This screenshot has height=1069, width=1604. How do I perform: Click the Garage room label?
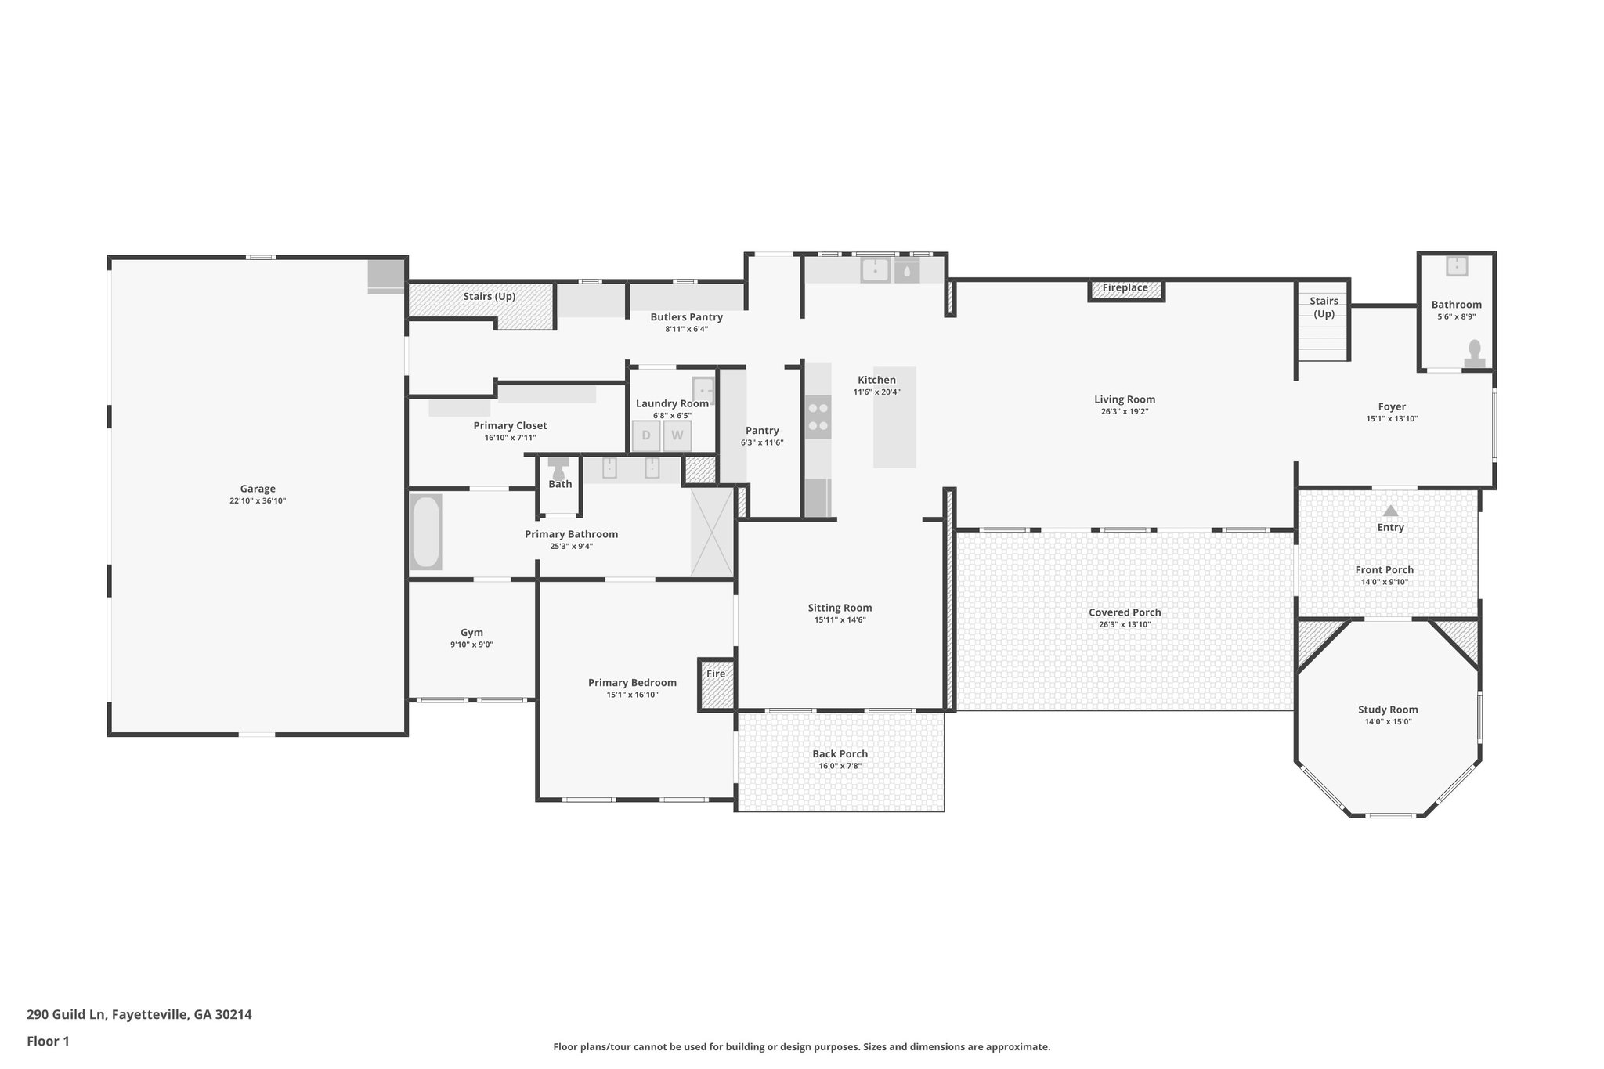[x=258, y=489]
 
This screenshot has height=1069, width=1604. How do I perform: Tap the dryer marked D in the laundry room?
[x=646, y=435]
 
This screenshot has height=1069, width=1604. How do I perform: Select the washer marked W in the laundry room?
[x=677, y=435]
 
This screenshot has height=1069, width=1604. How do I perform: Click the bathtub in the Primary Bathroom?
[x=426, y=532]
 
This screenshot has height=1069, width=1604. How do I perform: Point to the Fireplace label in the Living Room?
[x=1125, y=288]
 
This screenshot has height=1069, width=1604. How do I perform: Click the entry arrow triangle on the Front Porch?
[x=1390, y=511]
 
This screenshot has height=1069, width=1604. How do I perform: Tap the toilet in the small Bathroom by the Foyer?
[x=1475, y=353]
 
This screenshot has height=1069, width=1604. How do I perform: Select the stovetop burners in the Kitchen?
[x=818, y=417]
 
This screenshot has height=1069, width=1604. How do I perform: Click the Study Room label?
[x=1388, y=710]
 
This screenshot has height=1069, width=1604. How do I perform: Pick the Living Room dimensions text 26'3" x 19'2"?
[x=1125, y=411]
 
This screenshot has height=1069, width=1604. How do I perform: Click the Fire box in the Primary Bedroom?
[x=716, y=683]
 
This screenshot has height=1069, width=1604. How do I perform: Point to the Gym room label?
[x=471, y=633]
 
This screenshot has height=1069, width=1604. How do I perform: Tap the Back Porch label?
[x=840, y=754]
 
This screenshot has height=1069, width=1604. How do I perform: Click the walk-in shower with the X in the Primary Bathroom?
[x=711, y=532]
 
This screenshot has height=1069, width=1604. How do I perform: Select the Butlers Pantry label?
[x=686, y=317]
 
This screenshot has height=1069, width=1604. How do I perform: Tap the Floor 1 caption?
[x=48, y=1041]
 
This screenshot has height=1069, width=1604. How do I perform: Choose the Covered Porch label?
[x=1125, y=612]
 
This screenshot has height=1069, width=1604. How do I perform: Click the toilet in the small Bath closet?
[x=558, y=469]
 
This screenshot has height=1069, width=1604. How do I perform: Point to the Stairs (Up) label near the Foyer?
[x=1324, y=307]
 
